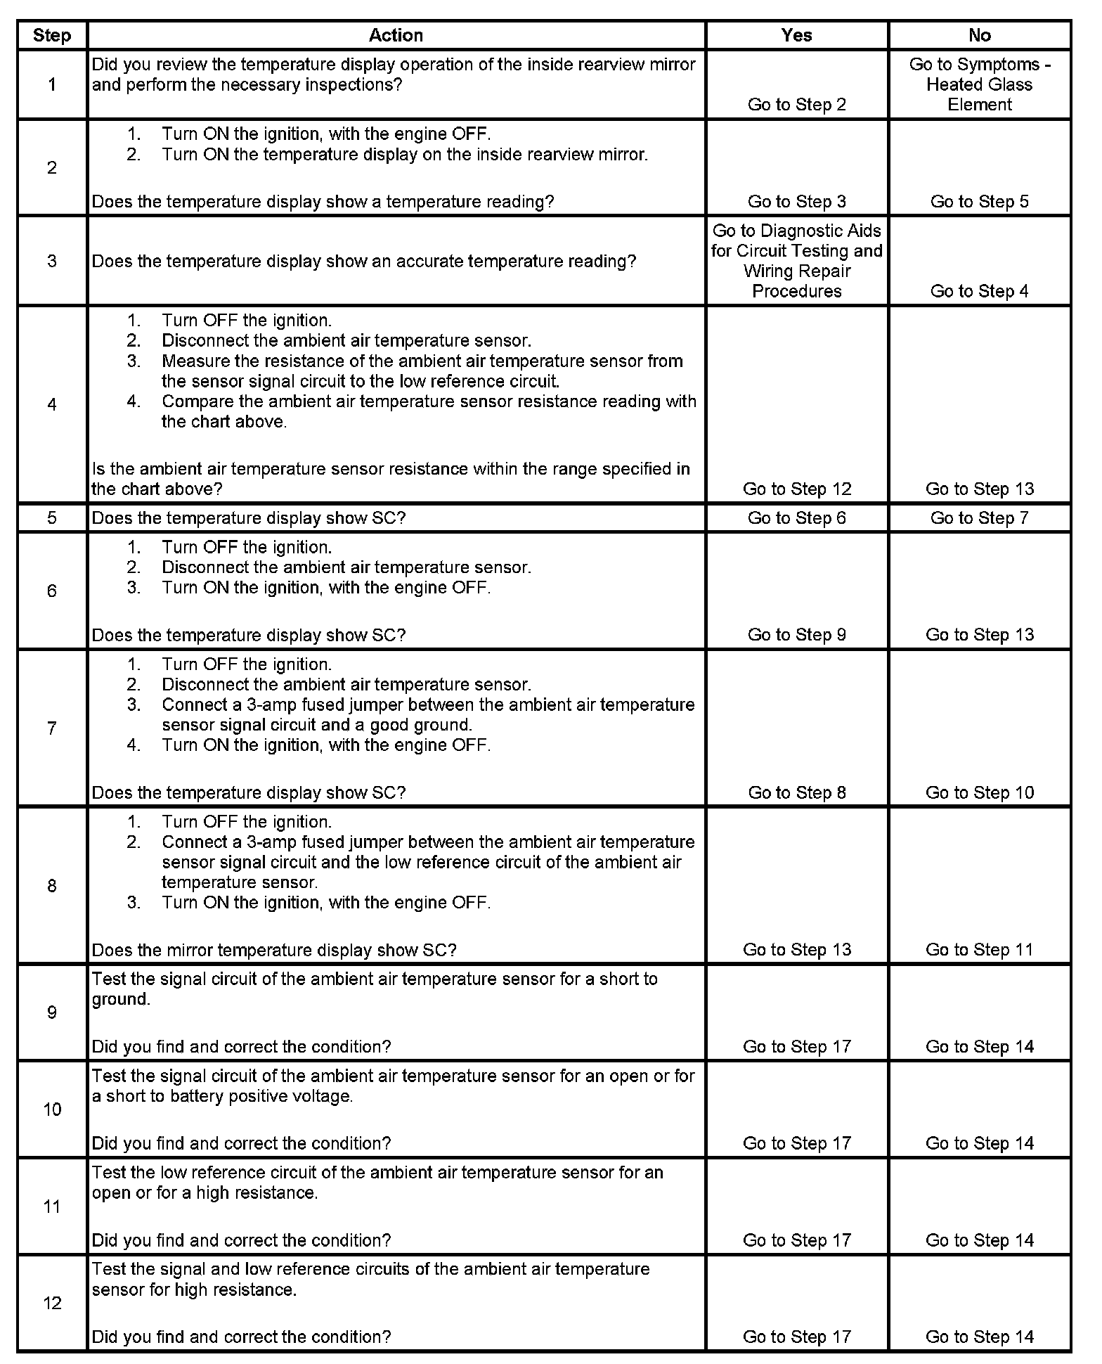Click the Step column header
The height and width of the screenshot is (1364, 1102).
pos(52,35)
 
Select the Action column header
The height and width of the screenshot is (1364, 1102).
pos(396,35)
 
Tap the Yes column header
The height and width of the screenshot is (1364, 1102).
pos(796,35)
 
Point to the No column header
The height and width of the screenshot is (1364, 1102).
pos(979,35)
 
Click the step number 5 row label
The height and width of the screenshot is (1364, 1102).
pos(52,518)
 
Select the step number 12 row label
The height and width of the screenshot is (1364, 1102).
pos(52,1303)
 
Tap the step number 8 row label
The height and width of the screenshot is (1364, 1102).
pos(52,885)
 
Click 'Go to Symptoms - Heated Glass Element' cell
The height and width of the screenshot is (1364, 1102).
pos(979,84)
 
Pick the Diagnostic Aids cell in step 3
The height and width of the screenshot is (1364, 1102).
pos(796,261)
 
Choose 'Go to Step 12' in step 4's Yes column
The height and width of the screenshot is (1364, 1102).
pos(796,489)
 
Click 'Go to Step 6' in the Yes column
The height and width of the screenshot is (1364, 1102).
pos(796,518)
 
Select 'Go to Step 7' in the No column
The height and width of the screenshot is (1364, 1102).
pos(979,518)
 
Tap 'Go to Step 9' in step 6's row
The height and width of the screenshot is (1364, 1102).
pos(796,635)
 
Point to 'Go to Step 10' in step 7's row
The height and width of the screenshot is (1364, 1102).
pos(979,792)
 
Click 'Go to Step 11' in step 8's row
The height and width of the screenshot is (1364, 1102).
pos(979,950)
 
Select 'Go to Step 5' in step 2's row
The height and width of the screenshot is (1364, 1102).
pos(979,202)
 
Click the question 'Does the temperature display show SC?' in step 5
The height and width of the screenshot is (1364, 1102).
pos(249,518)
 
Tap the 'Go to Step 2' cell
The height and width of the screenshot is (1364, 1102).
pos(796,105)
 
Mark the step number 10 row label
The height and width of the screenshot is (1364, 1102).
pos(52,1109)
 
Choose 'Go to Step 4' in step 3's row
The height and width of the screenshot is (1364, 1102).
pos(979,291)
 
